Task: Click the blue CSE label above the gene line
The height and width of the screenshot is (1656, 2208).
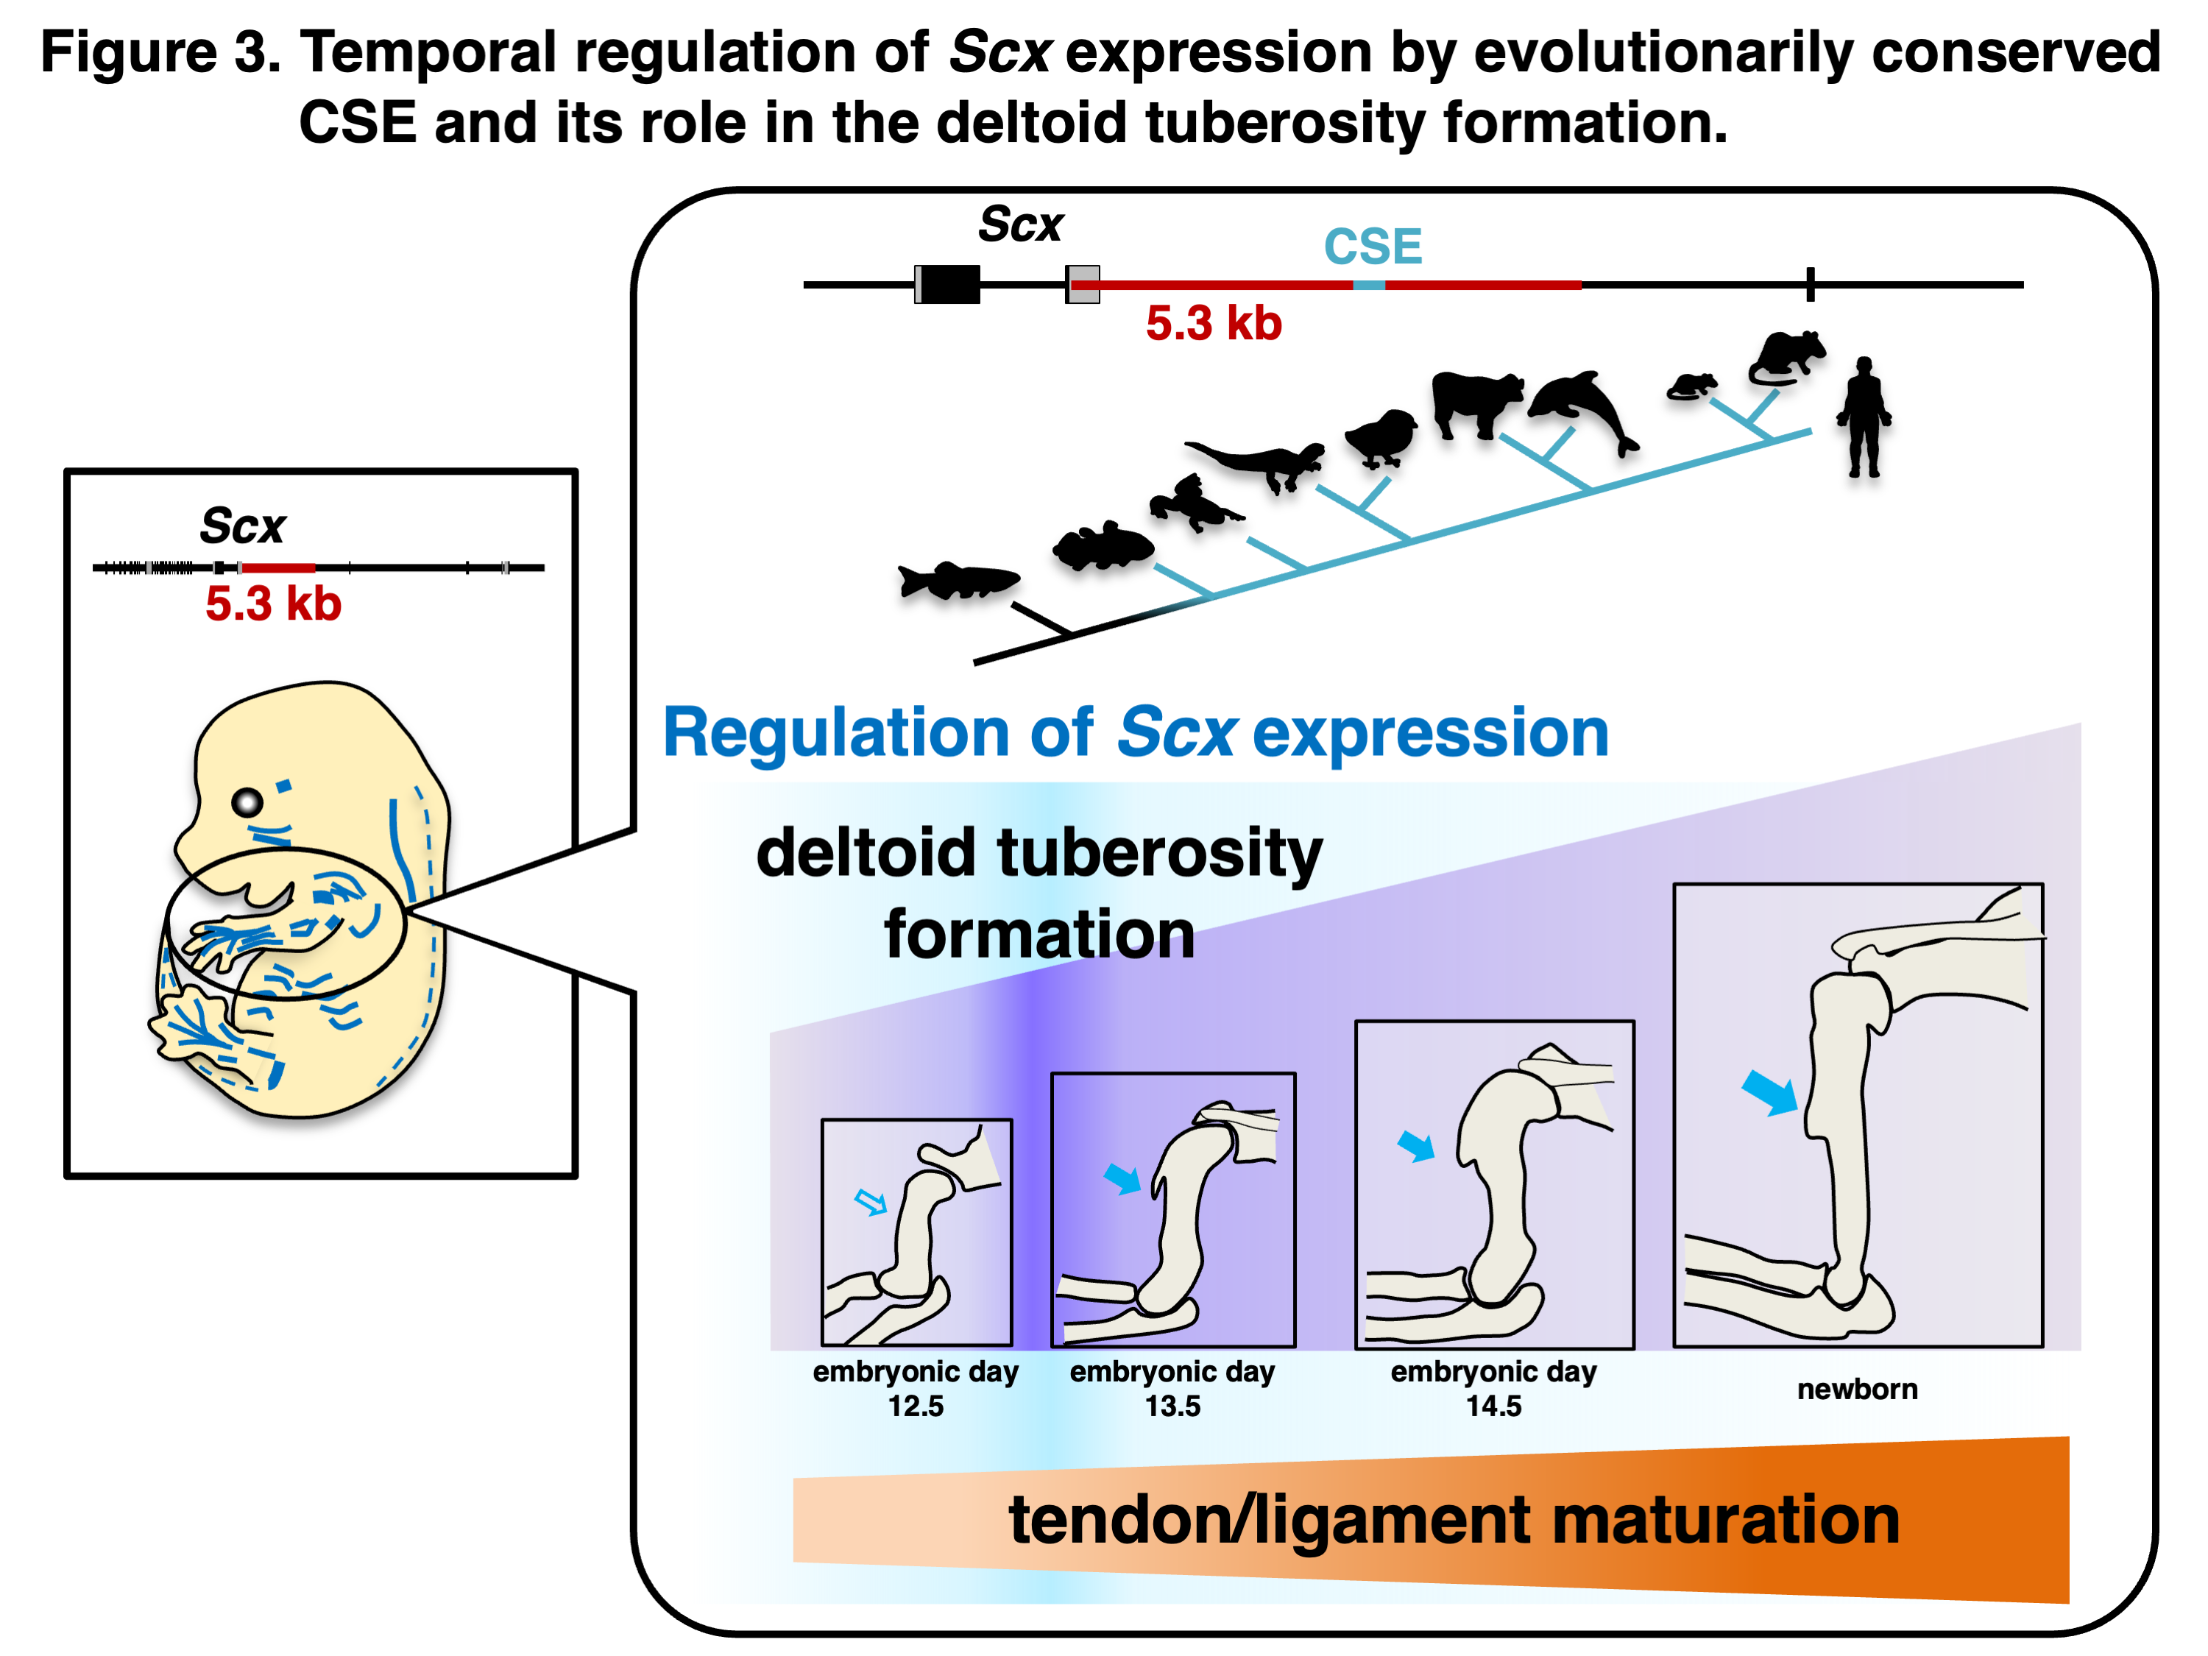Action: pos(1373,247)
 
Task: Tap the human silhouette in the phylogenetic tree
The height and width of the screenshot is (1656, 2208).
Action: pos(1863,417)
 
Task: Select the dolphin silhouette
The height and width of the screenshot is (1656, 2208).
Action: pos(1583,410)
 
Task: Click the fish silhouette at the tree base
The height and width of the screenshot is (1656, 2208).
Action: pos(958,580)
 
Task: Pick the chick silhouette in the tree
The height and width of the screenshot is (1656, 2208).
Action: pos(1381,437)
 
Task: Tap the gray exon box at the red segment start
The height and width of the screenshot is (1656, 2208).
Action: pos(1083,285)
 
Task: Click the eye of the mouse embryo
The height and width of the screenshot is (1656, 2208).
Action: pos(247,802)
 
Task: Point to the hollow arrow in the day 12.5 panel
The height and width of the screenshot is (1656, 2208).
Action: pos(871,1202)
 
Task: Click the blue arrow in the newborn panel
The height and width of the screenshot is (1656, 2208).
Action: pos(1770,1093)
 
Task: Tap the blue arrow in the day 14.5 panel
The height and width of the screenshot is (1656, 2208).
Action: pos(1415,1146)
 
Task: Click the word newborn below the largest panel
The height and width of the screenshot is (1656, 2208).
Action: pos(1857,1390)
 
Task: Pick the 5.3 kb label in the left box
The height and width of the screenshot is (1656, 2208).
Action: pos(274,604)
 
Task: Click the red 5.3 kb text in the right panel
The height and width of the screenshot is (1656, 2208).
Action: pos(1213,323)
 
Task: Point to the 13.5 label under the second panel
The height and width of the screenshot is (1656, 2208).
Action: pos(1173,1406)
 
